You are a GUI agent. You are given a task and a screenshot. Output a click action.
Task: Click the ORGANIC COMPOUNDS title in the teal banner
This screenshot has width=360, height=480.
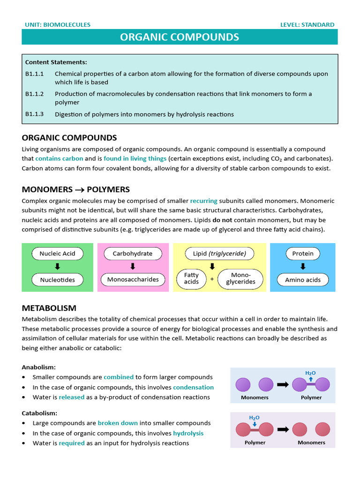pos(180,37)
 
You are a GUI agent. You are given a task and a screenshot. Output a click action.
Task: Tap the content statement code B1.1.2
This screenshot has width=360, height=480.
pos(34,94)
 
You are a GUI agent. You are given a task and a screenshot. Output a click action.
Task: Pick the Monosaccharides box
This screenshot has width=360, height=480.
pos(133,280)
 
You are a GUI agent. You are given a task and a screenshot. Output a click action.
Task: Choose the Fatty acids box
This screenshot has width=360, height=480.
pos(191,278)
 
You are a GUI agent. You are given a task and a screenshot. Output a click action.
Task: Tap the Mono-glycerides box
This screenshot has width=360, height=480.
pos(240,278)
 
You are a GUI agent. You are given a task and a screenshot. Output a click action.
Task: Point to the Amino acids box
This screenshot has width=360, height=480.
pos(303,280)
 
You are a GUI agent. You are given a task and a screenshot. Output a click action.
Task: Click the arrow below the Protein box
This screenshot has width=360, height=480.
pos(303,266)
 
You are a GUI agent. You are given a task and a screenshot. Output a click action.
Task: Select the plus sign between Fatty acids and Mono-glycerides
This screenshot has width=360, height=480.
pos(212,279)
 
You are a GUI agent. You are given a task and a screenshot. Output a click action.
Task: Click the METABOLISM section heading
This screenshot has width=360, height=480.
pos(49,308)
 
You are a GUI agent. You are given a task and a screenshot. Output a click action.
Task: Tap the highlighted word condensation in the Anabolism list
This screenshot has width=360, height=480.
pos(193,387)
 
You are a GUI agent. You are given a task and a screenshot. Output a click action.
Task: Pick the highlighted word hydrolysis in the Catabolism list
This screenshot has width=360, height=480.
pos(188,433)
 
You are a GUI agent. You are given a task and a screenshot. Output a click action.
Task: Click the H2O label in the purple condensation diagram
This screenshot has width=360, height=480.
pos(310,373)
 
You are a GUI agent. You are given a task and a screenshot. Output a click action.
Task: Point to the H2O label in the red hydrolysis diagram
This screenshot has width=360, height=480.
pos(254,418)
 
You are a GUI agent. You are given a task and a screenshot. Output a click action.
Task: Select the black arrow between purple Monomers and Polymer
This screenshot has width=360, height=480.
pos(283,384)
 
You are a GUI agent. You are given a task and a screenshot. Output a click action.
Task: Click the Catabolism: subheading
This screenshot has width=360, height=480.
pos(39,413)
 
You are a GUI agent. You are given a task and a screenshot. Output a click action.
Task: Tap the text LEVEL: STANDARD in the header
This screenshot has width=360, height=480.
pos(307,25)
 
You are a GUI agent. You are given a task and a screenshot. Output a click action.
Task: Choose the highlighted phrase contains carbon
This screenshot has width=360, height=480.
pos(59,158)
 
